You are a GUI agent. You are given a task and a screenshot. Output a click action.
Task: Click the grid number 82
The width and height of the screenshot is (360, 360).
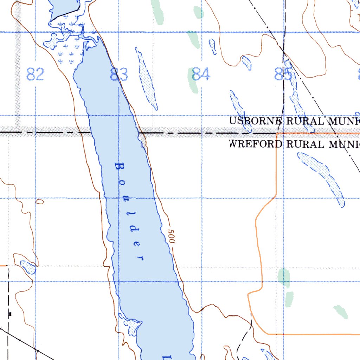coord(35,75)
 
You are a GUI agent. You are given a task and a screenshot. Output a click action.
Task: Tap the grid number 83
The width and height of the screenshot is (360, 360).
coord(119,75)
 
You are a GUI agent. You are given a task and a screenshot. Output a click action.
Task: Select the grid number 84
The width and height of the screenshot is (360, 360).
coord(201,75)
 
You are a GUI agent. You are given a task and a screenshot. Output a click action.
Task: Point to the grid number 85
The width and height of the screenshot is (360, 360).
coord(283,75)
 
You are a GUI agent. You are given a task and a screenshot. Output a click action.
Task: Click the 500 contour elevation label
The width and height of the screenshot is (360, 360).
coord(171,237)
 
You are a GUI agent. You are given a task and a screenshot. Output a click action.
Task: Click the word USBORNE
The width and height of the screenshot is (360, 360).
coord(256,121)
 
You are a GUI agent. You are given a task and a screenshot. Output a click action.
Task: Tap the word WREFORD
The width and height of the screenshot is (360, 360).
coord(255,144)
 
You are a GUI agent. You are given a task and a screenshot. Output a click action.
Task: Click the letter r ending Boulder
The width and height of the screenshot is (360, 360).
coord(141,258)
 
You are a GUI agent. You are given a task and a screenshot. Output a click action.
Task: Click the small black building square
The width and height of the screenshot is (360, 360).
coord(11,314)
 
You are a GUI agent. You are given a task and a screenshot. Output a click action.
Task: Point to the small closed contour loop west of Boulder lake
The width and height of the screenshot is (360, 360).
coord(39,201)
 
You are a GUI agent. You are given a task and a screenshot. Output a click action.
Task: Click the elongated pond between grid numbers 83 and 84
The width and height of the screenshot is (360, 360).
coord(147,79)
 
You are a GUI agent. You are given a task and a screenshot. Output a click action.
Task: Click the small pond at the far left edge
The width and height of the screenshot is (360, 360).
coord(28,267)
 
